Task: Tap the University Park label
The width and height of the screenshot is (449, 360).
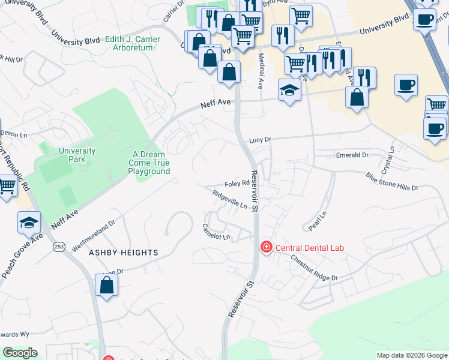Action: pyautogui.click(x=77, y=155)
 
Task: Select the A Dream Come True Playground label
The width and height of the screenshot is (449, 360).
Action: pyautogui.click(x=149, y=163)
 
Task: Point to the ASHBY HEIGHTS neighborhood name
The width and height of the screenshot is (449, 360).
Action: pyautogui.click(x=124, y=253)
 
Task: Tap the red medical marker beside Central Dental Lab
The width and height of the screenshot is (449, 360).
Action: pyautogui.click(x=265, y=247)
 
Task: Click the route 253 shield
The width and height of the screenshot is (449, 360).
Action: pyautogui.click(x=59, y=247)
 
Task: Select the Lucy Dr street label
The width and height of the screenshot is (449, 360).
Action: pyautogui.click(x=260, y=140)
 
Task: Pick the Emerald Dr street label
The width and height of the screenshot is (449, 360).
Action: pyautogui.click(x=352, y=155)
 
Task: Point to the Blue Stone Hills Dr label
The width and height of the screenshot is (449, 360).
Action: pyautogui.click(x=391, y=182)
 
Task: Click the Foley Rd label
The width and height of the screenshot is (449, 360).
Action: pyautogui.click(x=237, y=184)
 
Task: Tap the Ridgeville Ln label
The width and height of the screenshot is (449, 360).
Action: pyautogui.click(x=229, y=199)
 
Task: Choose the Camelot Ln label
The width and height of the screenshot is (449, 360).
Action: pyautogui.click(x=216, y=232)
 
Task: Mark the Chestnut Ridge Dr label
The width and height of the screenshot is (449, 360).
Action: pyautogui.click(x=315, y=268)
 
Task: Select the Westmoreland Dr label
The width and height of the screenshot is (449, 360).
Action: pyautogui.click(x=93, y=235)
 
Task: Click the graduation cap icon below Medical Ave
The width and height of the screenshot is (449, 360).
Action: pyautogui.click(x=289, y=91)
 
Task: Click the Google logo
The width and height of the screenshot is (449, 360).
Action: pyautogui.click(x=20, y=353)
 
